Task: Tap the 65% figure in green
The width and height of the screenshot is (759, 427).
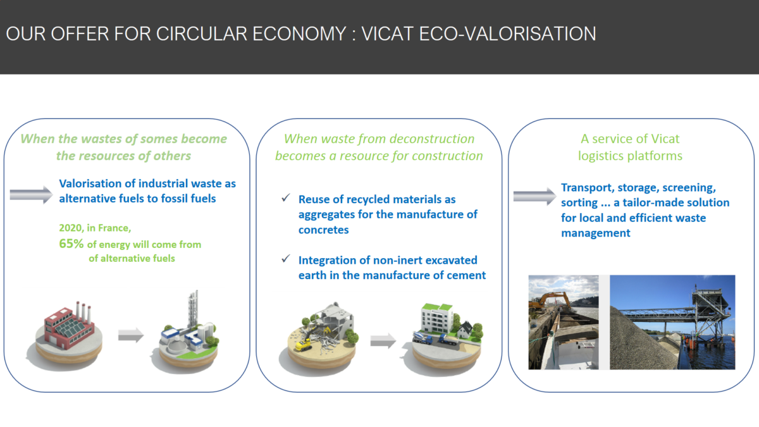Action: pos(71,244)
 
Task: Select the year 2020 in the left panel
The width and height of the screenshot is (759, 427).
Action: pos(70,228)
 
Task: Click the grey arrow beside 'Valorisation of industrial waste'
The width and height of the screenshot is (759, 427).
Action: pos(31,195)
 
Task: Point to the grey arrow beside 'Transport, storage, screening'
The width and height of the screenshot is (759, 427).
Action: pos(534,196)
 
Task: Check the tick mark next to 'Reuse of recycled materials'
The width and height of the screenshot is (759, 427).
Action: pos(286,197)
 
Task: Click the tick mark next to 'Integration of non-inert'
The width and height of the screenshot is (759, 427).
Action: pos(286,259)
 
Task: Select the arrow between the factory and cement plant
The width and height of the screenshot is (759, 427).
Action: pos(131,335)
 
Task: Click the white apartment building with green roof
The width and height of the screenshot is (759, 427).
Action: pos(437,319)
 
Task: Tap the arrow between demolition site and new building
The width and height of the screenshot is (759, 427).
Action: pos(383,340)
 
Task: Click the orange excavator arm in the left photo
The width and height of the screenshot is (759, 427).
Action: pos(552,300)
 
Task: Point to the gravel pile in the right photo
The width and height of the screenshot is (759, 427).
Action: pos(640,342)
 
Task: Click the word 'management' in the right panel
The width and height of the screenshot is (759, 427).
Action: pos(595,233)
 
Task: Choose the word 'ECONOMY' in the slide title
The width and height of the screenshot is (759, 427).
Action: pos(299,34)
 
